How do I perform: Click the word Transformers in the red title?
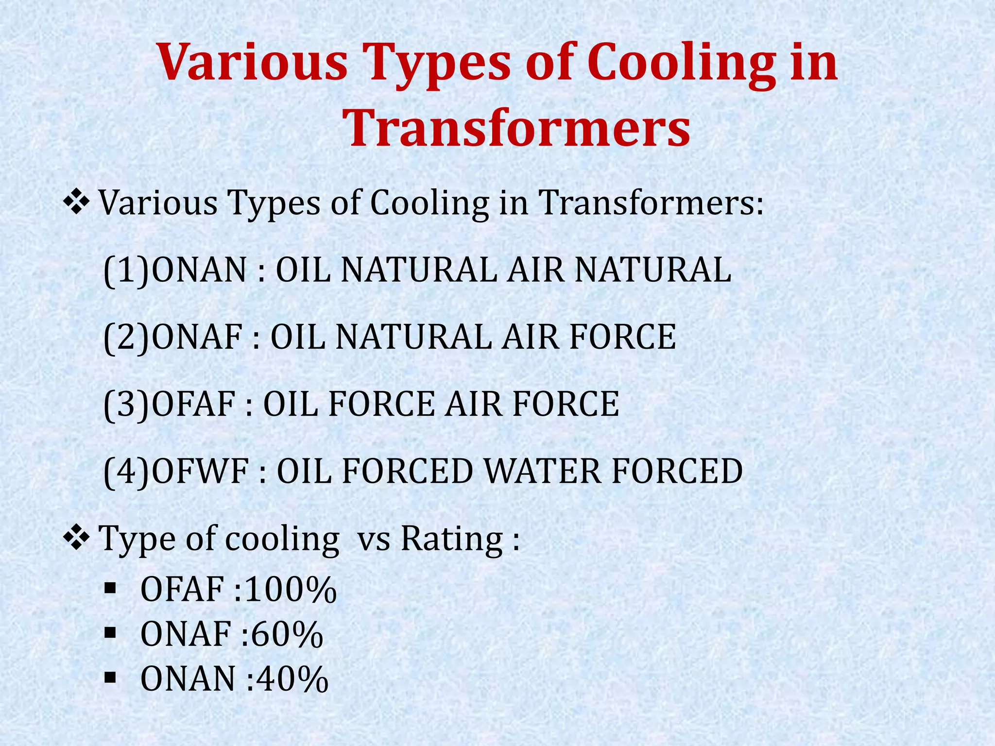[x=519, y=127]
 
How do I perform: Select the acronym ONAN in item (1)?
[x=199, y=270]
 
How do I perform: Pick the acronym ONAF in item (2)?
[x=197, y=337]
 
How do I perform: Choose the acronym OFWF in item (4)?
[x=200, y=471]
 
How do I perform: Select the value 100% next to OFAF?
[x=291, y=590]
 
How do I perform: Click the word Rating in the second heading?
[x=452, y=539]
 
